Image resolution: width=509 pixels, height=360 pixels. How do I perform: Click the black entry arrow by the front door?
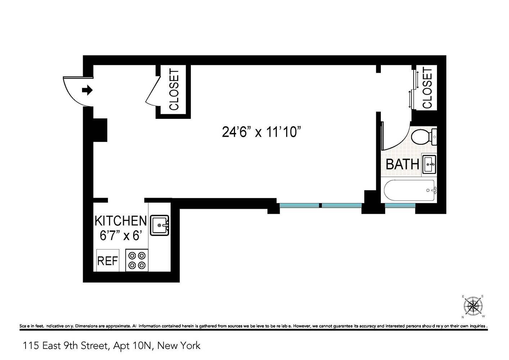pos(87,90)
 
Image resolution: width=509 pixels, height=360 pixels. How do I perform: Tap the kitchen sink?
pos(159,225)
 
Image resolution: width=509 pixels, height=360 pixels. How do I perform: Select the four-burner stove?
pos(137,260)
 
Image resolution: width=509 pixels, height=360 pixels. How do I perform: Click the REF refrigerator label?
pos(108,261)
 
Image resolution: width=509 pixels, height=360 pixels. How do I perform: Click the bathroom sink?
pos(429,164)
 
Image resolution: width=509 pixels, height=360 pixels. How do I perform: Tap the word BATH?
pos(402,164)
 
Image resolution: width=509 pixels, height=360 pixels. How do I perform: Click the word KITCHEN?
pos(121,221)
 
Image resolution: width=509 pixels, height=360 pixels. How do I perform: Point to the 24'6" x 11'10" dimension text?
pos(261,132)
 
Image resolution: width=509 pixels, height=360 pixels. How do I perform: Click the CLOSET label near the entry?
pos(174,89)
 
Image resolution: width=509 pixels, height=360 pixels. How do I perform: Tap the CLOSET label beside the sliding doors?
pos(427,88)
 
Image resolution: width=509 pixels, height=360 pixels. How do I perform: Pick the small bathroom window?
pos(400,206)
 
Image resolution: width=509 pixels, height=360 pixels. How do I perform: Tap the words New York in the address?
pos(179,346)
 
